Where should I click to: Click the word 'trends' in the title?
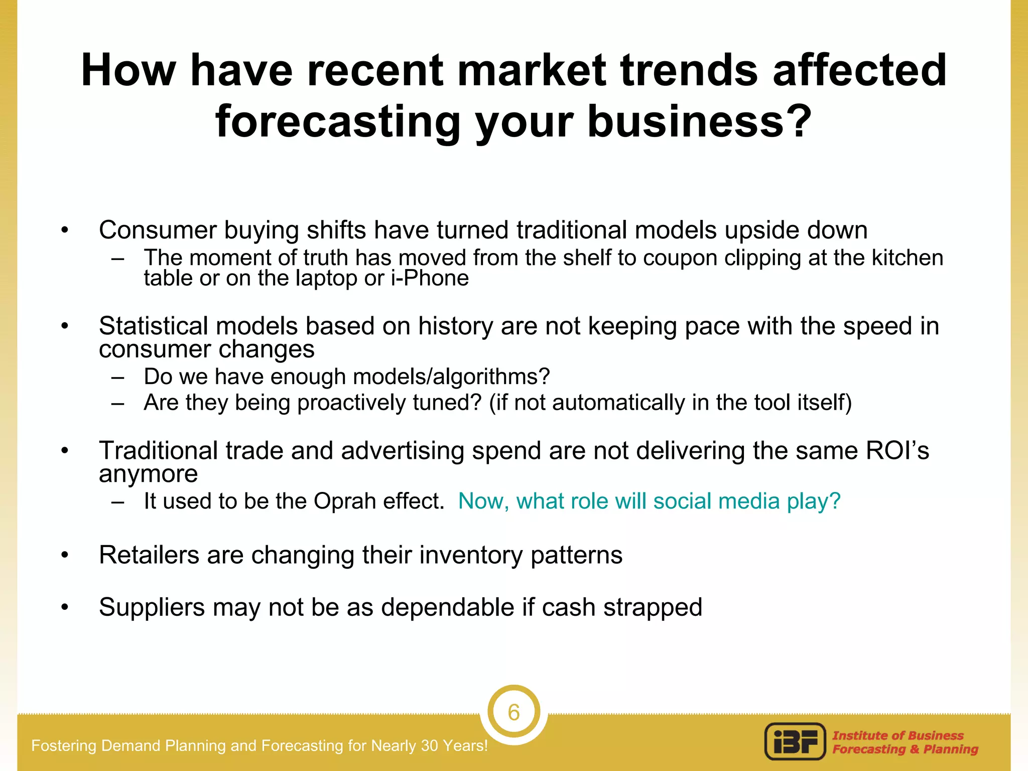click(x=689, y=70)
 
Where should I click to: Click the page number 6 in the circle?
click(x=513, y=712)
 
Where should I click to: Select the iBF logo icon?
click(x=795, y=741)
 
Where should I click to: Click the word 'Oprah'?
click(x=345, y=501)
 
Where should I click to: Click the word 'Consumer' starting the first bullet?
click(x=158, y=230)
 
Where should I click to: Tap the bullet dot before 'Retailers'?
click(x=64, y=555)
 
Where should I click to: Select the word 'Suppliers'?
click(x=152, y=607)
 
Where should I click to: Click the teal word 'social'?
click(x=682, y=501)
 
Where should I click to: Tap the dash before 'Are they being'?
click(x=118, y=403)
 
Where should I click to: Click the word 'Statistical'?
click(x=153, y=326)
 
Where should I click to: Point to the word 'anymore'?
click(x=148, y=474)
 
